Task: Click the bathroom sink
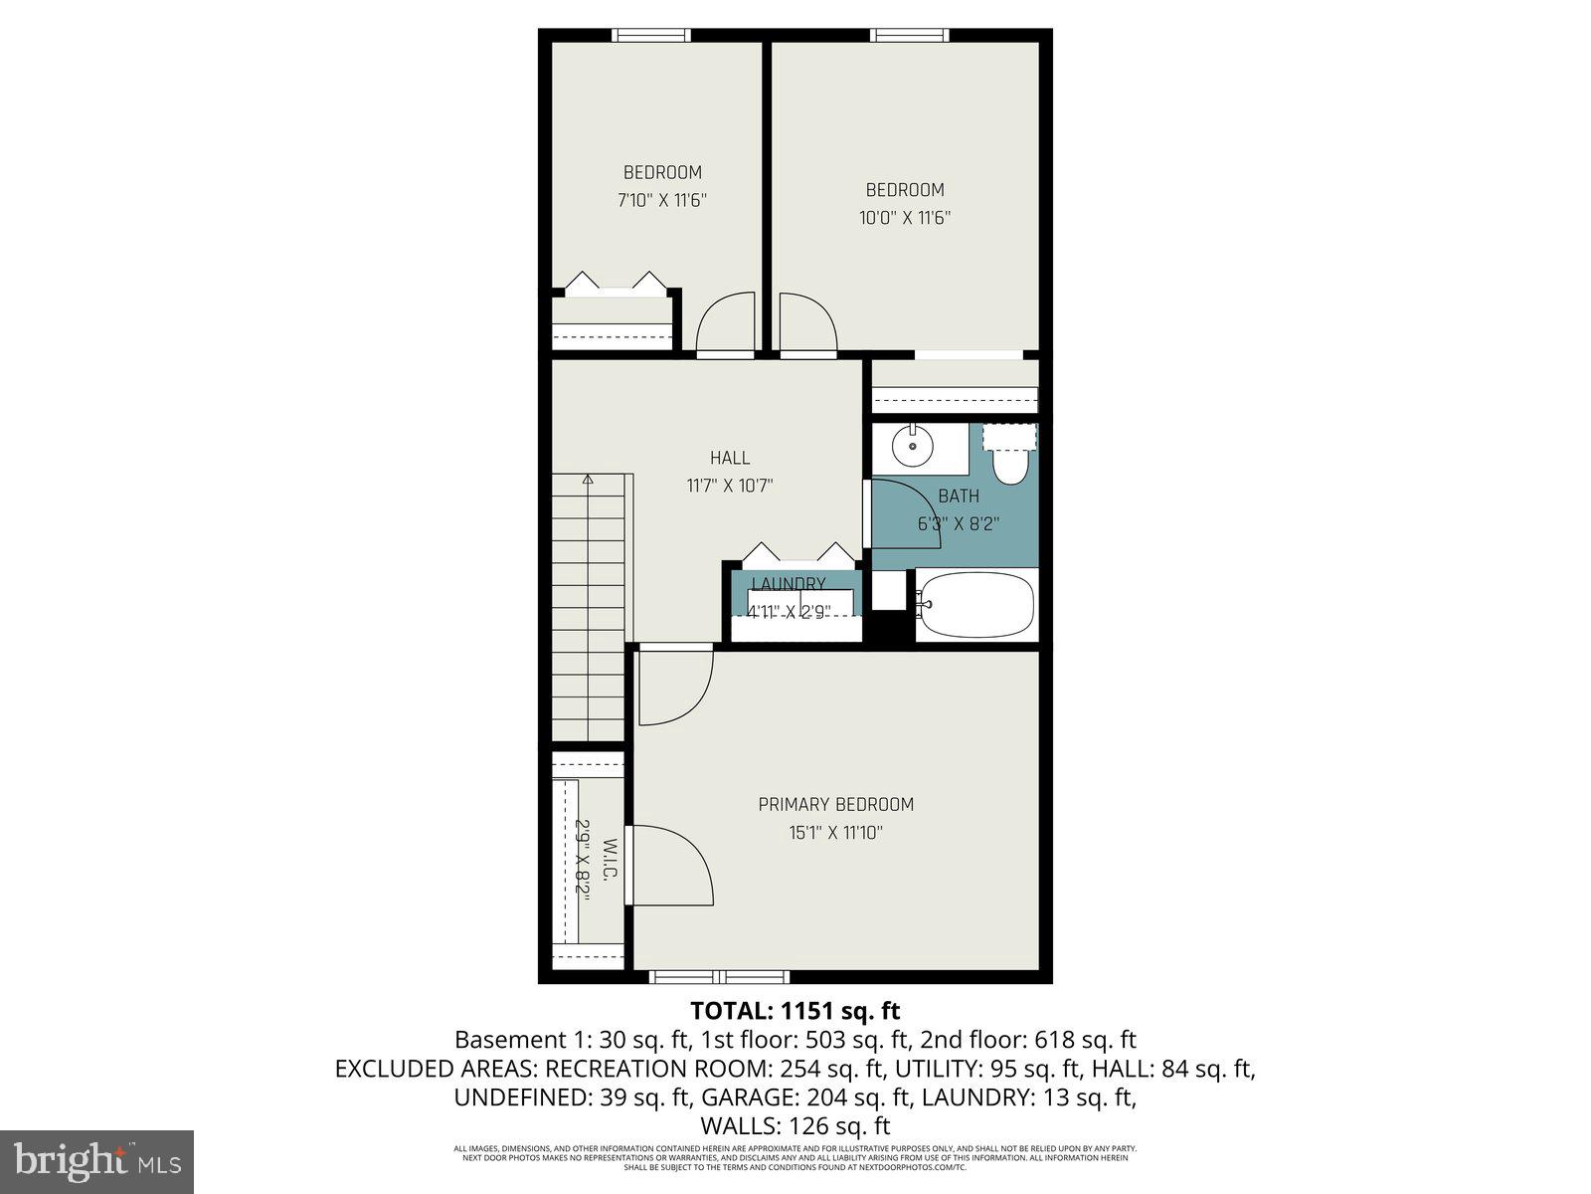click(x=912, y=447)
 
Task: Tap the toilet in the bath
click(x=1009, y=460)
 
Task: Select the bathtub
click(x=975, y=604)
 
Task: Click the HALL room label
click(x=730, y=458)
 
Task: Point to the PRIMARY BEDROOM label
click(x=835, y=804)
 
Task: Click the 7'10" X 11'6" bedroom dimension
click(x=661, y=200)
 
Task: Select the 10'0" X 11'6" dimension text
click(x=905, y=218)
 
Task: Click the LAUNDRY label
click(x=789, y=584)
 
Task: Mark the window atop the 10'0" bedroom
click(x=909, y=36)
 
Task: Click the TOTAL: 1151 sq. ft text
click(x=795, y=1011)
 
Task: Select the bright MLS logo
click(x=96, y=1161)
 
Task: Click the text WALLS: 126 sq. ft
click(x=795, y=1126)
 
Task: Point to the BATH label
click(x=959, y=496)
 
